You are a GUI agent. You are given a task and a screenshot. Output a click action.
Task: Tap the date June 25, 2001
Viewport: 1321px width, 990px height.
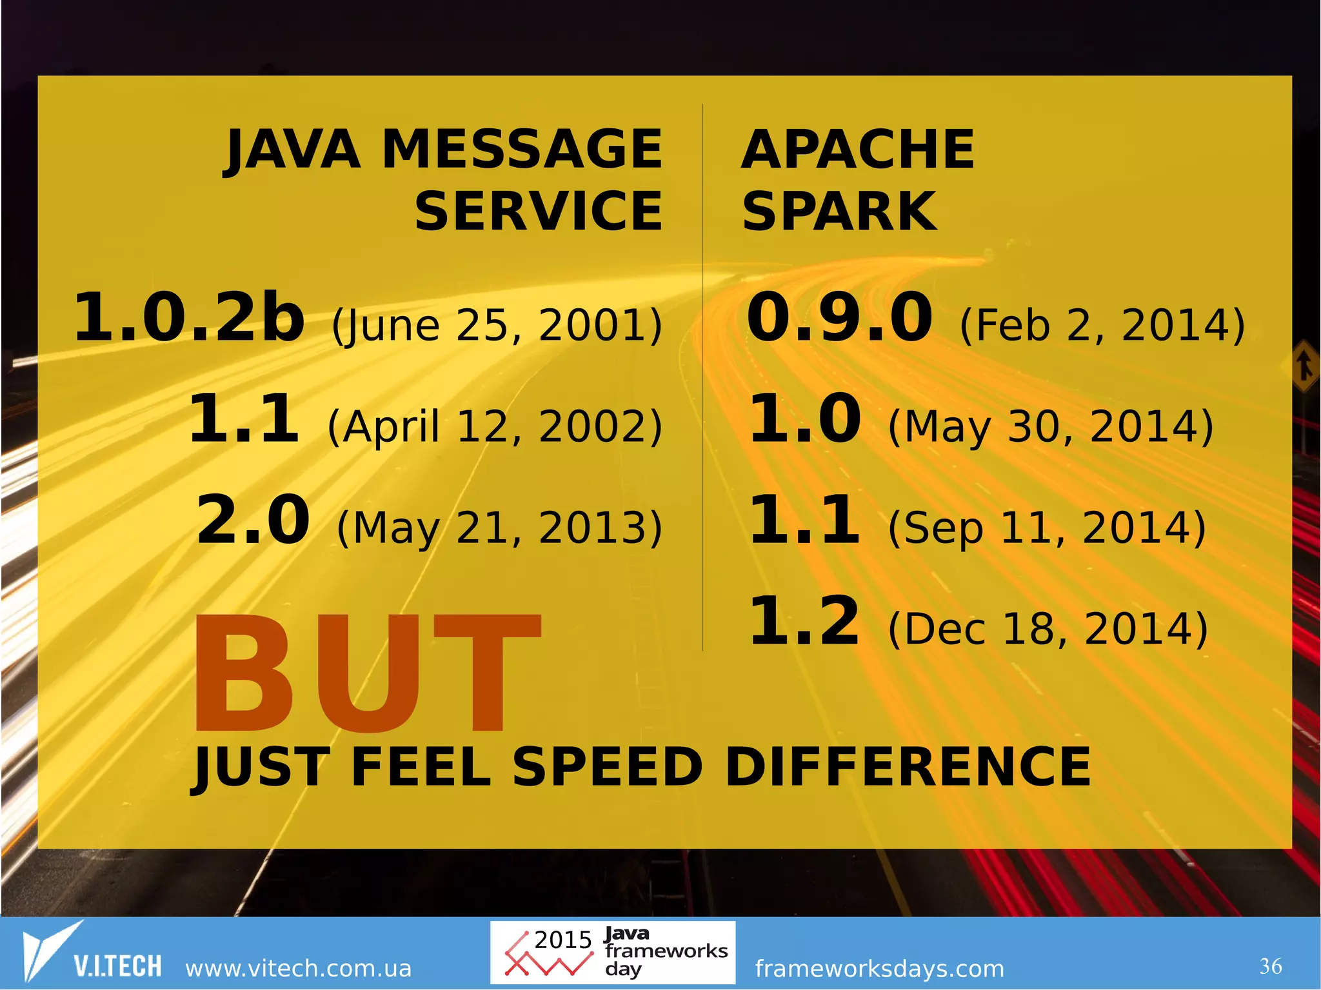pos(497,325)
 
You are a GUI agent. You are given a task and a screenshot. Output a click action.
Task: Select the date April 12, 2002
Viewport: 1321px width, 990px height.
pos(495,427)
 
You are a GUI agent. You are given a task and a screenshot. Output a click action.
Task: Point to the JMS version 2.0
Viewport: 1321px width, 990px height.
pos(253,520)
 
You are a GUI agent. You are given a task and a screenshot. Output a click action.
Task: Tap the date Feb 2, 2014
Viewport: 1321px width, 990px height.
pos(1102,325)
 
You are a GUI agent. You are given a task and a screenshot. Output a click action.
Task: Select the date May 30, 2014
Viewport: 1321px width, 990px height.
pos(1051,427)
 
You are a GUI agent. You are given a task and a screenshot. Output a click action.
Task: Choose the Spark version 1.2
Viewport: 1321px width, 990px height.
pos(804,622)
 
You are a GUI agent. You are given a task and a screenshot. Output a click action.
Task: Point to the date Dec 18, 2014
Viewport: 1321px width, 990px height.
pos(1048,629)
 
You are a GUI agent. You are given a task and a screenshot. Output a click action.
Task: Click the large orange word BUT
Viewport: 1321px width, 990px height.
pos(366,674)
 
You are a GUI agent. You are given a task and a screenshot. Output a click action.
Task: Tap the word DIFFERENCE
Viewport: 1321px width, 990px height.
pos(908,767)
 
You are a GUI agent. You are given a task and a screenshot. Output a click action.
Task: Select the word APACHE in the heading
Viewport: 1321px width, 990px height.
pos(858,150)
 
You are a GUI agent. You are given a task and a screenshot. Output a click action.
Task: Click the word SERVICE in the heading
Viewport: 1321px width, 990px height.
pos(539,212)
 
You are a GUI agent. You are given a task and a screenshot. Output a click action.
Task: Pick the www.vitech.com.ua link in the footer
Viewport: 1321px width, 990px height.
pos(298,968)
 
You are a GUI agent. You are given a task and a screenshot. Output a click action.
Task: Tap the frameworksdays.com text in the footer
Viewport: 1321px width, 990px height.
pos(879,968)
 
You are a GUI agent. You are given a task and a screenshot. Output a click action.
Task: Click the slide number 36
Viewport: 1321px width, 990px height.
pos(1271,966)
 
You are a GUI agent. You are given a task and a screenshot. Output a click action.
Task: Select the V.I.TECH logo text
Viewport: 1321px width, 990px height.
pos(117,966)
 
